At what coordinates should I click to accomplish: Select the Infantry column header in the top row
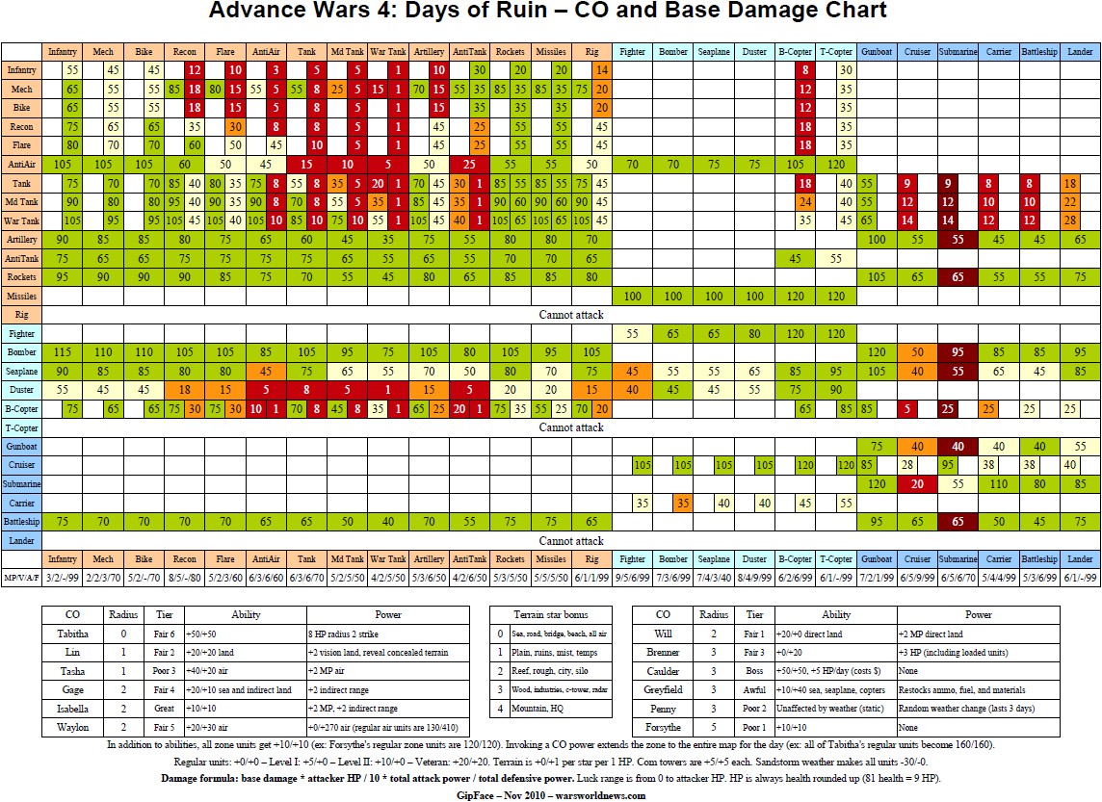63,51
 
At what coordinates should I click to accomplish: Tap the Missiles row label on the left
21,296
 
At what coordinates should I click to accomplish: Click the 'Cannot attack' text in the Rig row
571,315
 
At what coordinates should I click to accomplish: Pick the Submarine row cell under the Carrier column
999,483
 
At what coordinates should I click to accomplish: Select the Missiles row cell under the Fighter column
633,296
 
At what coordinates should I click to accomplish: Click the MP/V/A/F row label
21,577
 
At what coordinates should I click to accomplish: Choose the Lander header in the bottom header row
1080,558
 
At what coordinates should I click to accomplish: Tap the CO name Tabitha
72,634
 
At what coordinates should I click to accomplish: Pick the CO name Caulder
663,670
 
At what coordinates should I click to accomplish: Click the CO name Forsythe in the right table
663,727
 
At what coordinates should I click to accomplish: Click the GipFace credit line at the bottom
550,794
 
